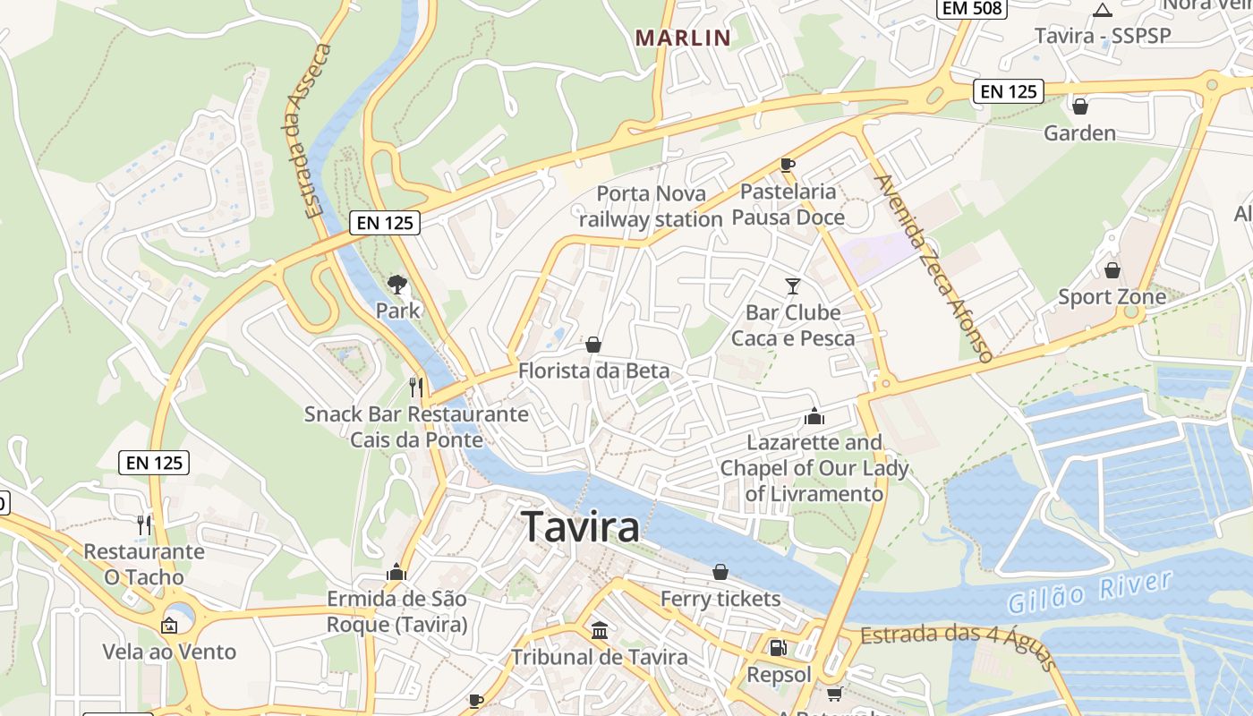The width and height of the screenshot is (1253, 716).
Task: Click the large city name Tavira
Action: point(581,526)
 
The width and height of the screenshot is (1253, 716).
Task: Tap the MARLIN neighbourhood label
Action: point(683,38)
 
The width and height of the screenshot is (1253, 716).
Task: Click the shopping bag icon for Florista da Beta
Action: point(592,345)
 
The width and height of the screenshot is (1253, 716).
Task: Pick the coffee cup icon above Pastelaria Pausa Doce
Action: point(788,165)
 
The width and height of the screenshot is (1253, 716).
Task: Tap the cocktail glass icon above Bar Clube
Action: point(793,286)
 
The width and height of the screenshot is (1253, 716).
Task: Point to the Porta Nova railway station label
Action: point(651,206)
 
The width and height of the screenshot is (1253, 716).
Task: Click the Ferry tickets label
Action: point(720,599)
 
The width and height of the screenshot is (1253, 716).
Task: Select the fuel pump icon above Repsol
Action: point(779,647)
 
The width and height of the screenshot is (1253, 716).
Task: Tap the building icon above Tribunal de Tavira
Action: point(600,630)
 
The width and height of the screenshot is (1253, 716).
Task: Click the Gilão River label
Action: point(1089,592)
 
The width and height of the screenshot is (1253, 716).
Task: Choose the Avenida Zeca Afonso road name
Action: point(934,267)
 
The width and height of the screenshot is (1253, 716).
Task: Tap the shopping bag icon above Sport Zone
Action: point(1112,269)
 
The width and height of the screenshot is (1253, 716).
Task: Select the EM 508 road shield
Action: point(972,8)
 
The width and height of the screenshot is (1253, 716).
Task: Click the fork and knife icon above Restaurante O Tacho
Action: point(144,524)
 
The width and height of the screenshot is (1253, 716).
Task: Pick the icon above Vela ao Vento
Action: point(169,625)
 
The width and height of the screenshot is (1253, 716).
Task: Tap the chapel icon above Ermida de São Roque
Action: point(396,572)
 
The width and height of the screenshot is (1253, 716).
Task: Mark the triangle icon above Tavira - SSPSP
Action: point(1103,11)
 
